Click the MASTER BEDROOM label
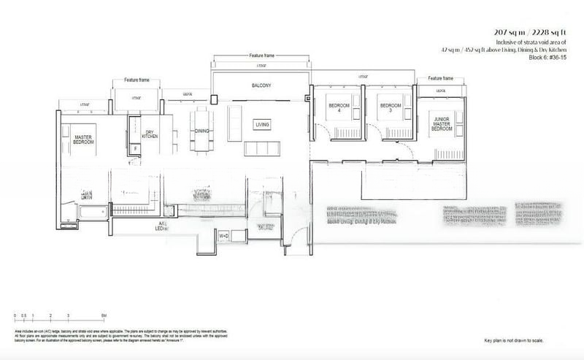click(x=82, y=138)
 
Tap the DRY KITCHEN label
click(x=149, y=134)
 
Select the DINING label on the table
click(x=202, y=131)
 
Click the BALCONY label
click(x=261, y=86)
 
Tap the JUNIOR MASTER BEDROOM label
click(x=442, y=126)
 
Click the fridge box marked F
click(x=135, y=148)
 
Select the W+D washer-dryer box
click(x=223, y=237)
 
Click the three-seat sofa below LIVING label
click(x=262, y=148)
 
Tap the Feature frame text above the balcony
click(x=261, y=55)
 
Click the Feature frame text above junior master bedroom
click(x=441, y=77)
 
